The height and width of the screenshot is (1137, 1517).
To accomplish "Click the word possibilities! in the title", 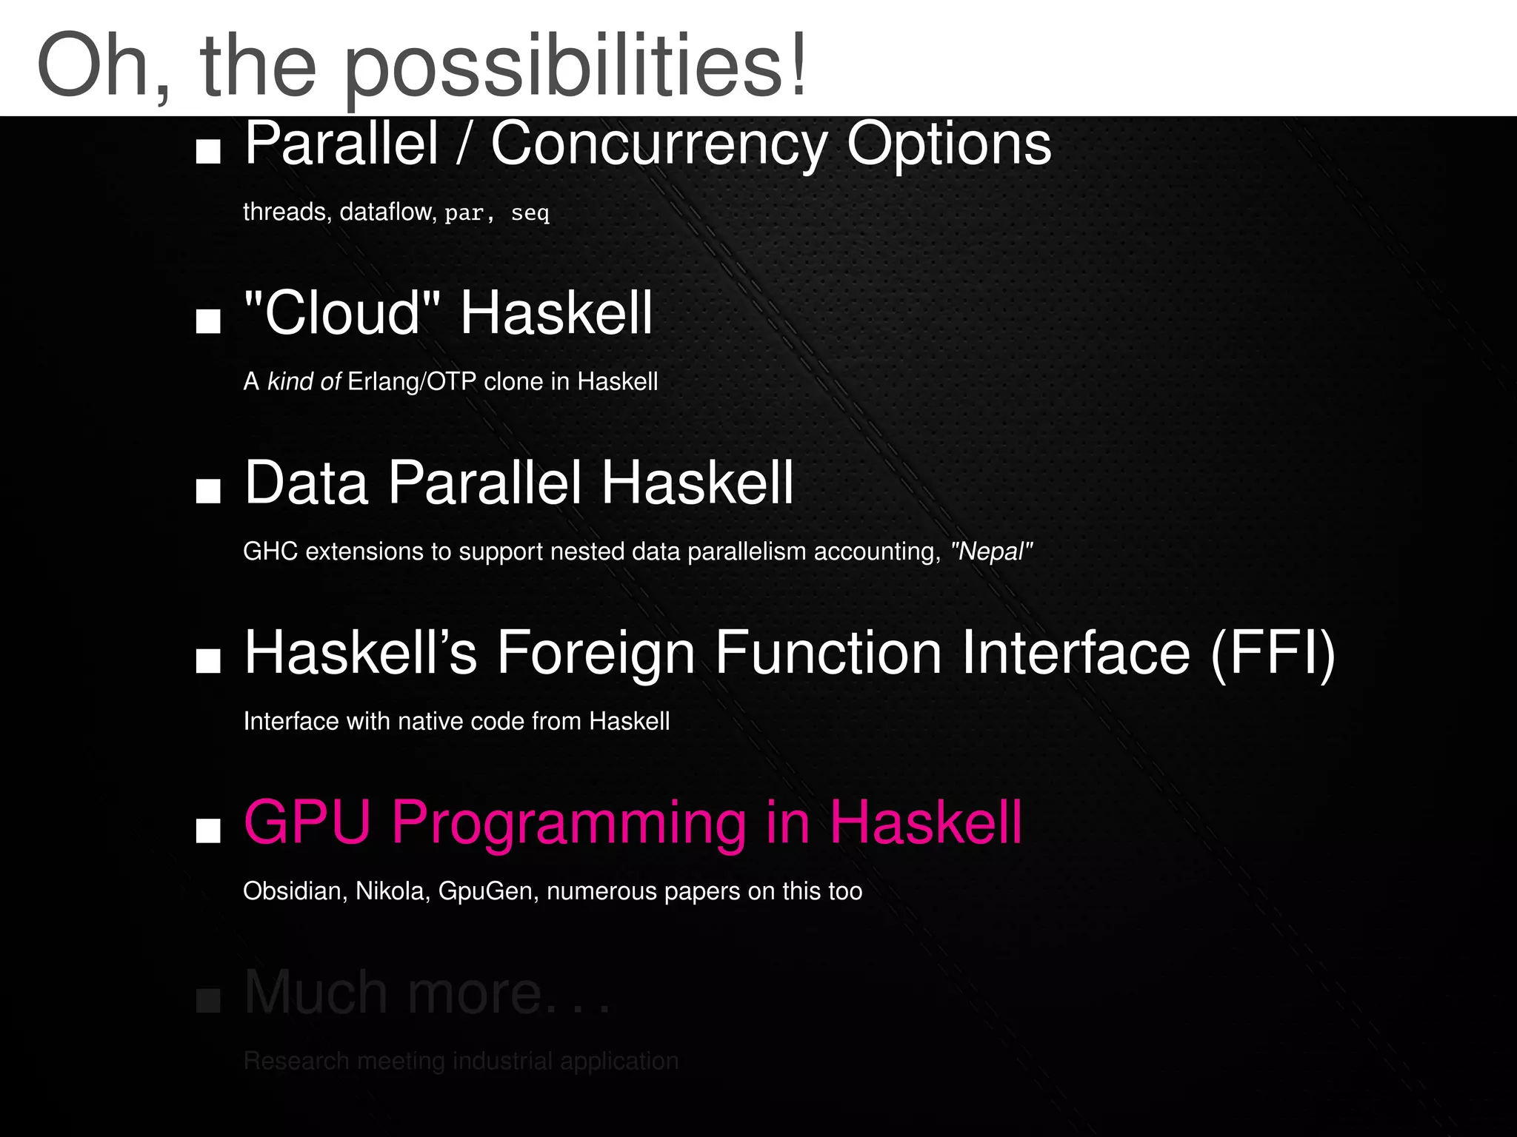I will click(576, 68).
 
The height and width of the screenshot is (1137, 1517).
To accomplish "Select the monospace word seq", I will click(530, 214).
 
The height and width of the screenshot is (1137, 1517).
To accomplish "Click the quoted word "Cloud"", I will click(341, 313).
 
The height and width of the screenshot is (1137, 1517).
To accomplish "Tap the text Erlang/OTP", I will click(411, 382).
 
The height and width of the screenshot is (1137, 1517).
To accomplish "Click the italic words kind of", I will click(304, 382).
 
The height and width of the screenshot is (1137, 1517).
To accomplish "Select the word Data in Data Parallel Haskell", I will click(306, 483).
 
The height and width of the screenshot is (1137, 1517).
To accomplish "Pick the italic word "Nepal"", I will click(991, 552).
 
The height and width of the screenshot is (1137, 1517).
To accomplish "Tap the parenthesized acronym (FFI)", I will click(1272, 654).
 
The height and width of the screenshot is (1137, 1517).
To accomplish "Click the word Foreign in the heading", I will click(596, 654).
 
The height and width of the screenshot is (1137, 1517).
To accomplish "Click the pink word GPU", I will click(307, 822).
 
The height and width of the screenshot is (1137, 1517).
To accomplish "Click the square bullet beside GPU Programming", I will click(208, 831).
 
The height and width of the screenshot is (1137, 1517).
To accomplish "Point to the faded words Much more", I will click(393, 993).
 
